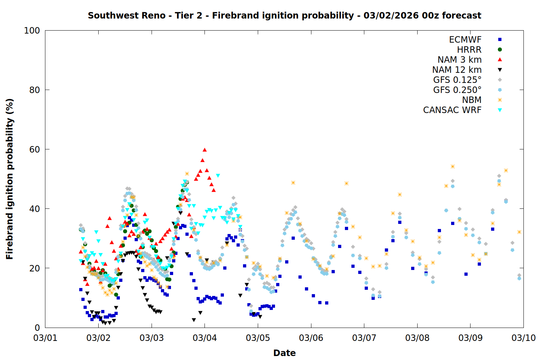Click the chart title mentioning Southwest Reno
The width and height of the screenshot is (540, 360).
[x=284, y=15]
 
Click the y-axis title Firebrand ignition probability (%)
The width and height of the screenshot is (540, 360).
[x=10, y=179]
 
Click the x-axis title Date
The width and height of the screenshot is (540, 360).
[x=284, y=353]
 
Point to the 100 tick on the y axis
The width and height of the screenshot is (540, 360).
[x=32, y=31]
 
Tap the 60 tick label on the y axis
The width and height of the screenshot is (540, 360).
[x=34, y=149]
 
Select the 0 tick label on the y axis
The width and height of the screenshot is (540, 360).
[x=37, y=328]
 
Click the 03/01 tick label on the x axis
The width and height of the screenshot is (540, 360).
[x=45, y=338]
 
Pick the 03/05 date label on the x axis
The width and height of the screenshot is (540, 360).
[x=258, y=338]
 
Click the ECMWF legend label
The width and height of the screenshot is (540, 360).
[x=465, y=40]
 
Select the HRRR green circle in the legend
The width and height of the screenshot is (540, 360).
[x=500, y=50]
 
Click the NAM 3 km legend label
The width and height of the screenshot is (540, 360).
[x=459, y=60]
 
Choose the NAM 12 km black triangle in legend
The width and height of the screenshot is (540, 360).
[x=500, y=70]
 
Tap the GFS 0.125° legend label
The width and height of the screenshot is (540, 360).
[x=457, y=80]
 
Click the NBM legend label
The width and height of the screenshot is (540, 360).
[x=472, y=100]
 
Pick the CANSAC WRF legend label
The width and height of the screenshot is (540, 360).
[x=452, y=110]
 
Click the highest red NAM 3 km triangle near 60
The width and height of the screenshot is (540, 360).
[x=204, y=150]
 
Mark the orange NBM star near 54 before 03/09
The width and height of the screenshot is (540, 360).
[x=453, y=166]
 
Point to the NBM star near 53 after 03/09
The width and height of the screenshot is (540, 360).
[x=506, y=170]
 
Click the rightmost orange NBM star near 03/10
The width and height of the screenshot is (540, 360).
[x=519, y=232]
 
